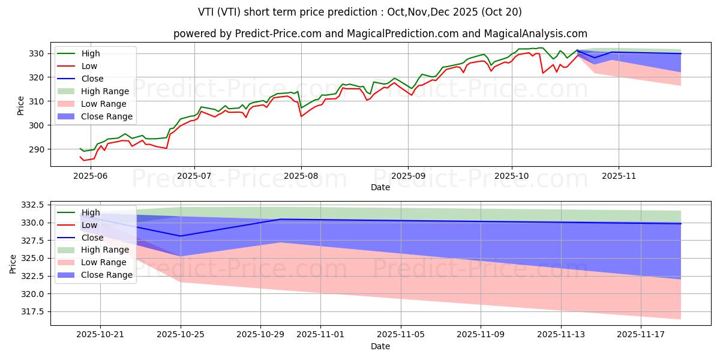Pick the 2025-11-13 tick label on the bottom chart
tap(561, 334)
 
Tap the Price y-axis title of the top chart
tap(21, 105)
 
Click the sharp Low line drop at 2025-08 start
tap(301, 116)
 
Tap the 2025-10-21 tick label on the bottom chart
tap(100, 334)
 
